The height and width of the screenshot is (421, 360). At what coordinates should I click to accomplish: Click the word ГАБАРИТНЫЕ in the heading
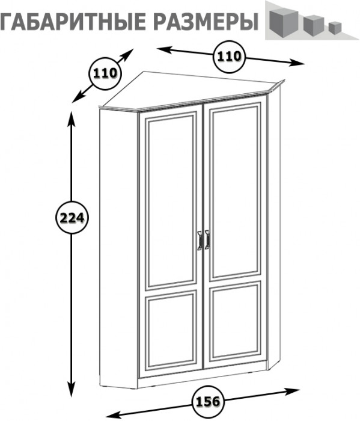[x=72, y=20]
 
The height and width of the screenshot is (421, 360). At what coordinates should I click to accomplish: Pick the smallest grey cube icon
[x=335, y=28]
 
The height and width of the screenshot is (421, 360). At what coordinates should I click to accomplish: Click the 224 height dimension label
[x=72, y=217]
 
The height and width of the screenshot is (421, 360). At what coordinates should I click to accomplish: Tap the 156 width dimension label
[x=208, y=401]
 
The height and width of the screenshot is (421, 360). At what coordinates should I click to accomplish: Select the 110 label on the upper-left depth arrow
[x=105, y=73]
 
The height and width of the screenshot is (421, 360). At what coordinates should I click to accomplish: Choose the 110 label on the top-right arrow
[x=229, y=57]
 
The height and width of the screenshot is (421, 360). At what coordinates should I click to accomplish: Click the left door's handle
[x=200, y=241]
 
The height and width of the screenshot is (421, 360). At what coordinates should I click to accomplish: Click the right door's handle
[x=207, y=239]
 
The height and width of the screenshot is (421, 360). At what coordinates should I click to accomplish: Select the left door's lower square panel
[x=171, y=331]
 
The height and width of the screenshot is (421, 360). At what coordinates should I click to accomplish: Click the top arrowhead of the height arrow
[x=72, y=116]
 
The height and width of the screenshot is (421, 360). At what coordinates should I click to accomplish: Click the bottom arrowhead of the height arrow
[x=72, y=391]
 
